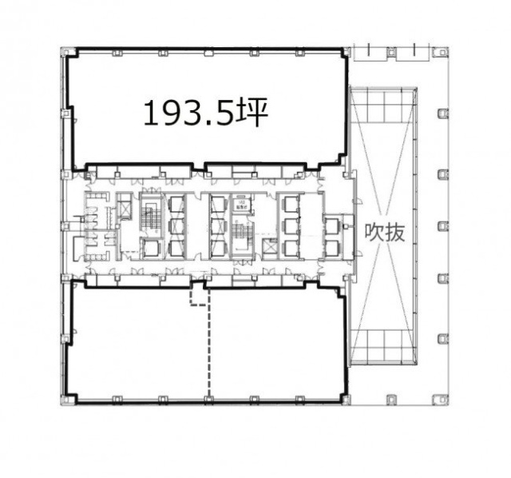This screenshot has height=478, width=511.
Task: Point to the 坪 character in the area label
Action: (251, 113)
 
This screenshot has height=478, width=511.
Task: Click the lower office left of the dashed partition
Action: (136, 344)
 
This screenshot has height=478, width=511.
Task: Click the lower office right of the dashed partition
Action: (275, 344)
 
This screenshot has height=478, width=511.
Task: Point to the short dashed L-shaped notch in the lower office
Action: (196, 297)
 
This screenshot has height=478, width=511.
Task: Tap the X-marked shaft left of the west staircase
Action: (125, 209)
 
